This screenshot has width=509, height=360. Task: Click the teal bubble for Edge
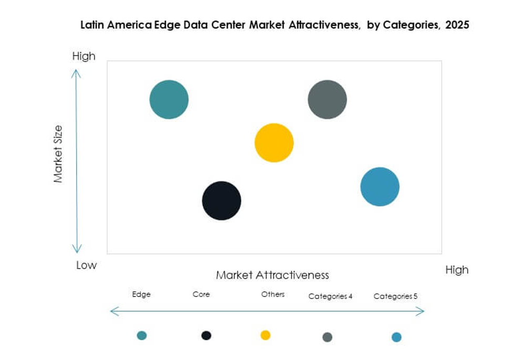[169, 99]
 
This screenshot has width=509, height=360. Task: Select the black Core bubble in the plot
[221, 200]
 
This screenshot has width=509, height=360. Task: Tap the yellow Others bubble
[274, 142]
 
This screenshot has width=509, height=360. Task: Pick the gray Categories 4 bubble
[327, 99]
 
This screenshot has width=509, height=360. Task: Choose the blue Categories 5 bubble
[379, 187]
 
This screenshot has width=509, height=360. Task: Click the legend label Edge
[141, 294]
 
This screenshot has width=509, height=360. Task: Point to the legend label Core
[201, 294]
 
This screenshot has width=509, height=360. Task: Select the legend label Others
[273, 294]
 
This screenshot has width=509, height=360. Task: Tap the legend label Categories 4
[330, 296]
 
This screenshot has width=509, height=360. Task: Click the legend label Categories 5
[395, 296]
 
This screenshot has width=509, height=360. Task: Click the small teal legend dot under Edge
[141, 335]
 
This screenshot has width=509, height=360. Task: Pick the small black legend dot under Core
[206, 335]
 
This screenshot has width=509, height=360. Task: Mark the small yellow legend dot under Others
[265, 335]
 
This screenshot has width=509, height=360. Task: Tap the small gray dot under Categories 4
[327, 337]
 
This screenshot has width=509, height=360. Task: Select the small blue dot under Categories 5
[397, 337]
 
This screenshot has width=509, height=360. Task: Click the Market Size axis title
[58, 153]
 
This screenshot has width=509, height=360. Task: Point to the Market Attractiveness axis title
[272, 275]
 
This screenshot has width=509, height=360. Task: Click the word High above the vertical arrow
[84, 56]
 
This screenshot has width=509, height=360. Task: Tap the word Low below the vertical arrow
[86, 265]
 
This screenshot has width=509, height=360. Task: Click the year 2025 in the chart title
[456, 25]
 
